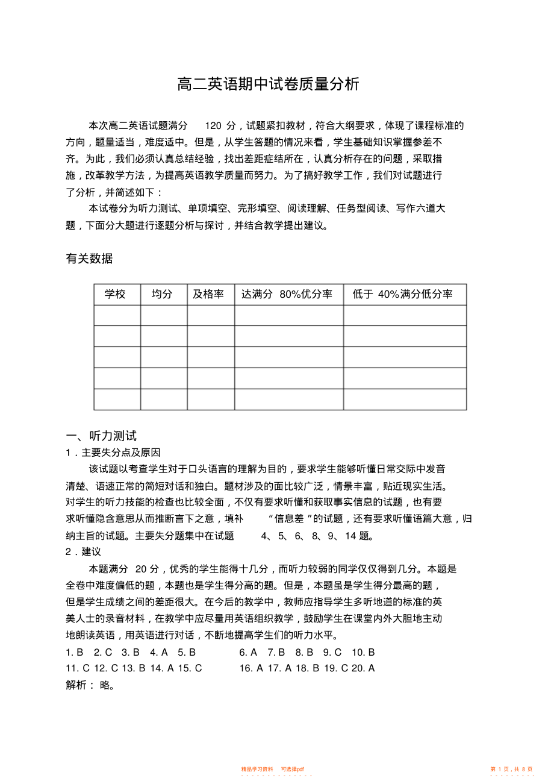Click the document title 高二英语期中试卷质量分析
pos(268,84)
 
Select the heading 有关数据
pos(89,259)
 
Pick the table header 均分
pos(161,294)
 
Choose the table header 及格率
pos(208,294)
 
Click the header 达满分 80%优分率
pos(287,294)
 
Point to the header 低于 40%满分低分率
pos(403,294)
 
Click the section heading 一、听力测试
pos(102,436)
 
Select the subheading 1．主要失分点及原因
pos(113,452)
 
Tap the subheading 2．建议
pos(83,551)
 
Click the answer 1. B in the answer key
pos(75,652)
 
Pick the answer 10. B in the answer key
pos(363,652)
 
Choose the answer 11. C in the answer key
pos(78,668)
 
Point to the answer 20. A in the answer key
pos(363,668)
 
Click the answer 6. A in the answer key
pos(248,652)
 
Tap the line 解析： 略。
pos(90,685)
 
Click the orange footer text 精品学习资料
pos(257,769)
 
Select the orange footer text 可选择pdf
pos(293,769)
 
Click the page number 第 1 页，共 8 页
pos(511,769)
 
